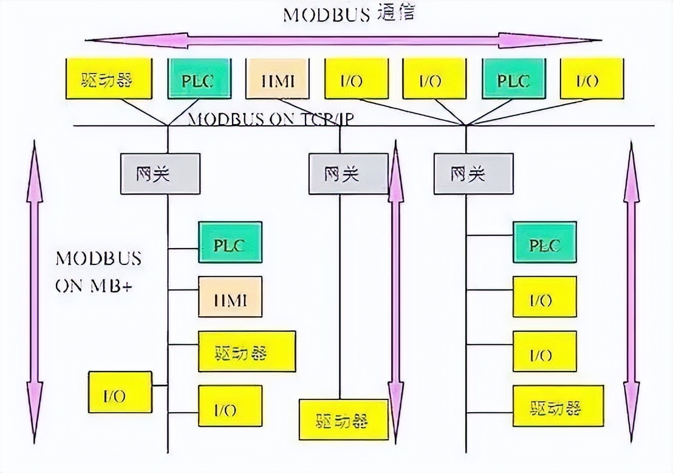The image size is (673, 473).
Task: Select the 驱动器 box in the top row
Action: coord(108,79)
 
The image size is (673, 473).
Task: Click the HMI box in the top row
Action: coord(278,79)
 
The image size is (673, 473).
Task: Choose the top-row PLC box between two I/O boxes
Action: coord(513,79)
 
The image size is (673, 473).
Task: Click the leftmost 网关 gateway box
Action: coord(160,174)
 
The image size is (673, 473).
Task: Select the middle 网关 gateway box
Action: coord(347,174)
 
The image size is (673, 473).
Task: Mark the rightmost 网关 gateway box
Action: coord(473,174)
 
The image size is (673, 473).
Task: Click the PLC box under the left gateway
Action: coord(230,243)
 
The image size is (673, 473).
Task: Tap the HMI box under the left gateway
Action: coord(230,297)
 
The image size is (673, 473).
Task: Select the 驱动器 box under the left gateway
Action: coord(247,351)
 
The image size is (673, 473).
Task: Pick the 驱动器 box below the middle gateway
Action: coord(343,419)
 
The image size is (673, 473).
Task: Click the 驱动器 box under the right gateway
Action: coord(559,406)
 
